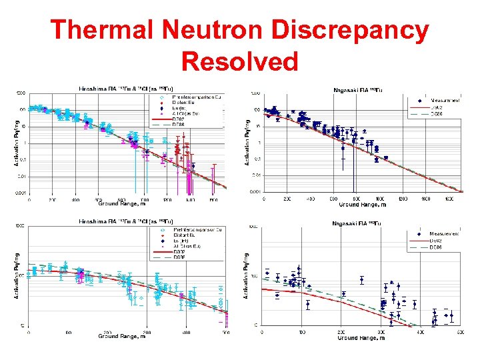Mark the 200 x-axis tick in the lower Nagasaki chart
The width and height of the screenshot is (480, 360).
[x=341, y=332]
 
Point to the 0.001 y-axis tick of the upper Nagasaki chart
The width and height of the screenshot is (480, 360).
[x=255, y=192]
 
